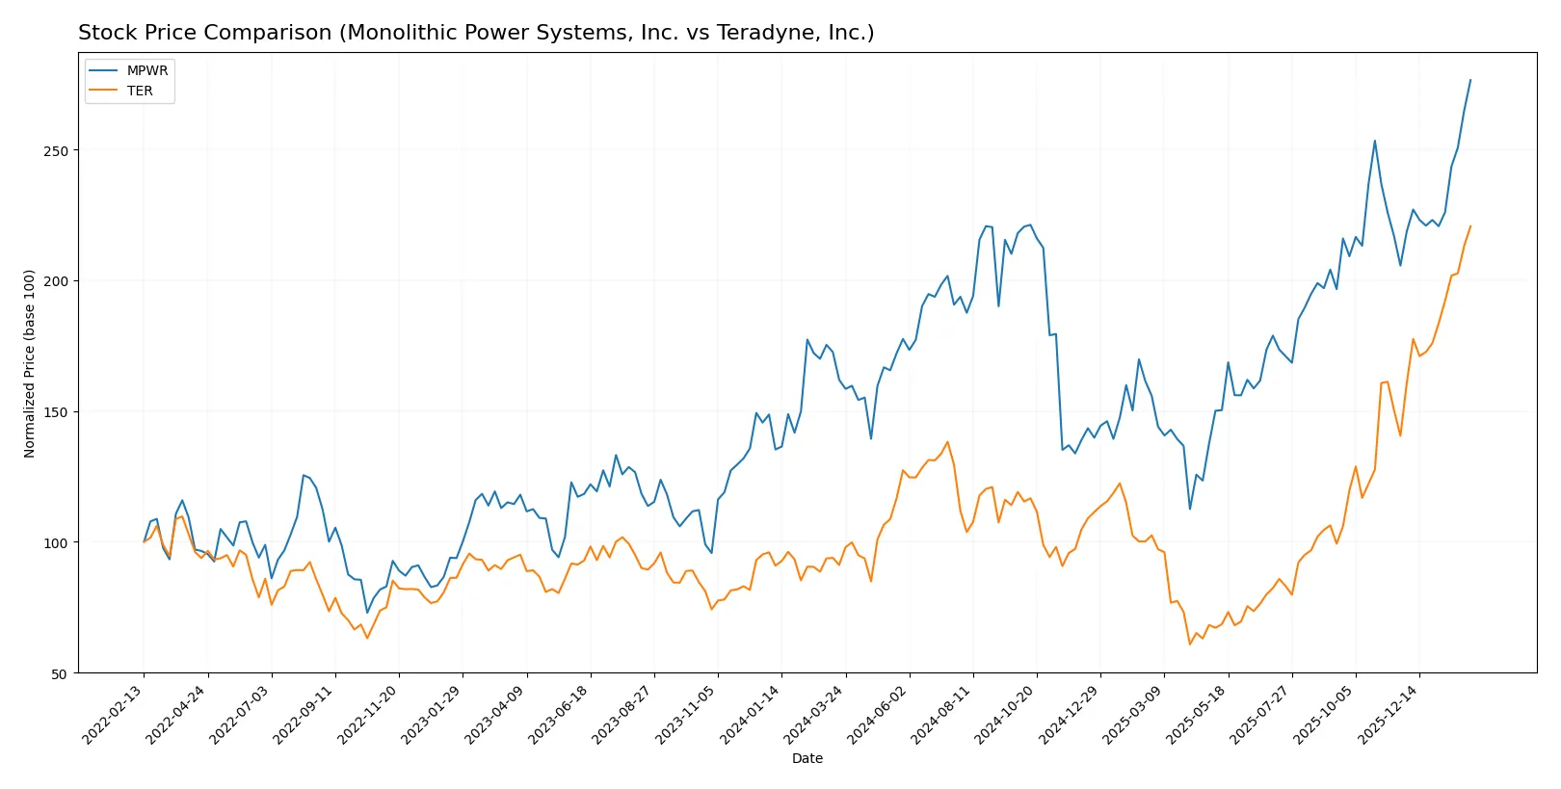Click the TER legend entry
(x=140, y=91)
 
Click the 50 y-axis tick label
(x=60, y=673)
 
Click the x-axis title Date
(x=807, y=758)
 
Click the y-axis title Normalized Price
(x=30, y=363)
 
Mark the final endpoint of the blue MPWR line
(x=1470, y=80)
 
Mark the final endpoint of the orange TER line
(x=1470, y=226)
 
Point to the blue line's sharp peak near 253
(x=1375, y=141)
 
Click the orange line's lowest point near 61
(x=1190, y=644)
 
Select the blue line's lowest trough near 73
(x=367, y=613)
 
